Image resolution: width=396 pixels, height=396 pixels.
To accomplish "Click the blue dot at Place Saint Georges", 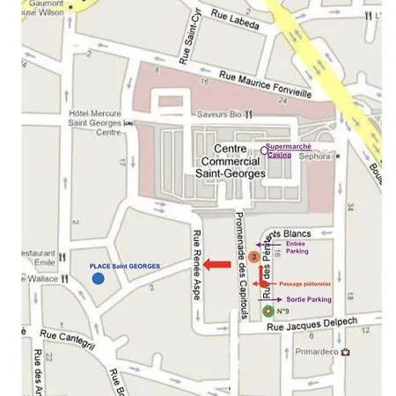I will pyautogui.click(x=99, y=279).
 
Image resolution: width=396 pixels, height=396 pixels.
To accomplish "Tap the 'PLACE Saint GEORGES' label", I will pyautogui.click(x=125, y=266).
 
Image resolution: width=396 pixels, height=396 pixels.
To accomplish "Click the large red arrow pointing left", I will pyautogui.click(x=216, y=264).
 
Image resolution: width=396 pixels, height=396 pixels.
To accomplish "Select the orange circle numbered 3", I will pyautogui.click(x=253, y=257).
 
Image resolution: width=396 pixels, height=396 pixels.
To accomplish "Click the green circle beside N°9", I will pyautogui.click(x=268, y=311).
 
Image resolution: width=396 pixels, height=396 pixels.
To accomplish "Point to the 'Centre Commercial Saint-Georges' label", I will pyautogui.click(x=231, y=162).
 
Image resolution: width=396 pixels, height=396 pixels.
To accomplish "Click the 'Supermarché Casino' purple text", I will pyautogui.click(x=288, y=150).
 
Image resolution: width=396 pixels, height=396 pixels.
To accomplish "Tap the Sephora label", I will pyautogui.click(x=315, y=157).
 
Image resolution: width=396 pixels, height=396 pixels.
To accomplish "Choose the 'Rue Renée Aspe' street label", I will pyautogui.click(x=196, y=264).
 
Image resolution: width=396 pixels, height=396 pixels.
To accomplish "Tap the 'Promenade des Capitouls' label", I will pyautogui.click(x=238, y=255).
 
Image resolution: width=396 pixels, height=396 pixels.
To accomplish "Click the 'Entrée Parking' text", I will pyautogui.click(x=297, y=247).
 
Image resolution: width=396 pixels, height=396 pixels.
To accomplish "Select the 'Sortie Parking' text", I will pyautogui.click(x=309, y=299).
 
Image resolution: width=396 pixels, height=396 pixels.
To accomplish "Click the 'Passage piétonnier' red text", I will pyautogui.click(x=304, y=284).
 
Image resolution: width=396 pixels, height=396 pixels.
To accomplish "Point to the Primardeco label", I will pyautogui.click(x=317, y=351).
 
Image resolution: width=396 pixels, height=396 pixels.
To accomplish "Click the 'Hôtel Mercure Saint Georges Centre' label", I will pyautogui.click(x=95, y=122).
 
